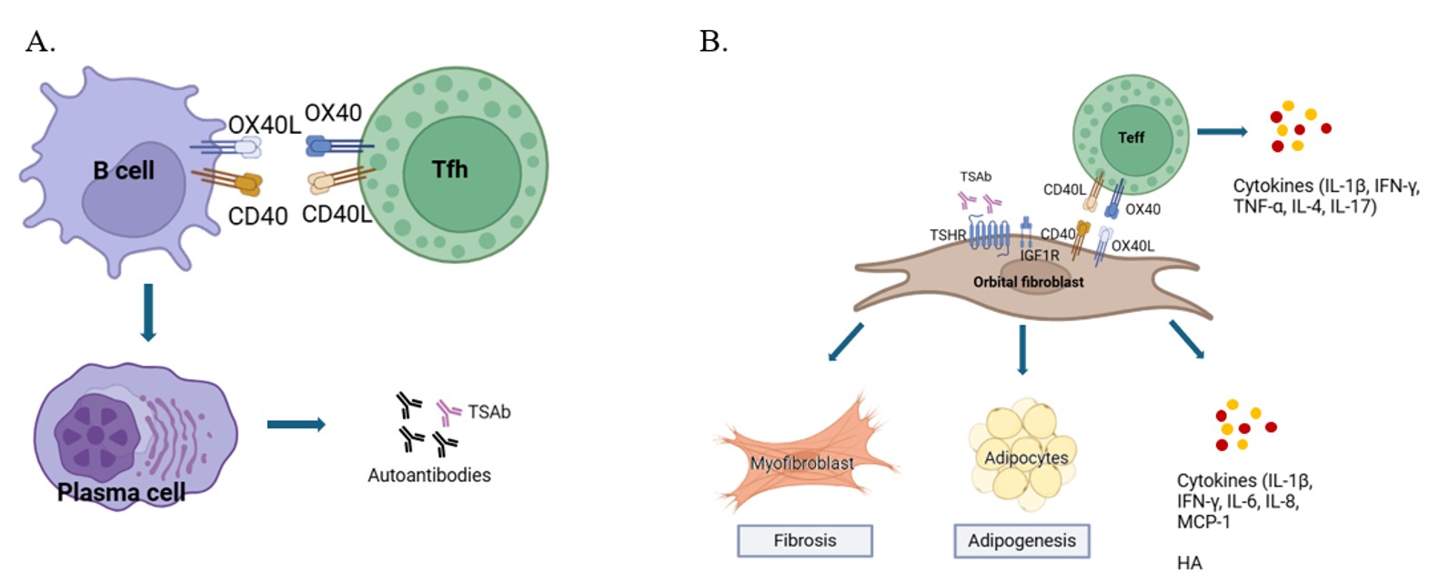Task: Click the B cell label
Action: [x=124, y=170]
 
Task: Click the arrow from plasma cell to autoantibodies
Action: [x=296, y=424]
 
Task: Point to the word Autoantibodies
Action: [x=429, y=475]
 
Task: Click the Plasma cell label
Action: [x=121, y=492]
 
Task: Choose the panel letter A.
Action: [x=40, y=41]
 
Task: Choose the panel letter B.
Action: [x=713, y=41]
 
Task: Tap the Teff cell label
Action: [x=1131, y=137]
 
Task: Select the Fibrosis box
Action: [x=805, y=540]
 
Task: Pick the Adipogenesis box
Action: [x=1021, y=540]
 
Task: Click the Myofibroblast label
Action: [x=801, y=463]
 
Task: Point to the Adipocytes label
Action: [x=1026, y=457]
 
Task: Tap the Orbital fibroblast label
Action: [x=1028, y=282]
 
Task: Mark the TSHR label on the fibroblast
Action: [x=947, y=235]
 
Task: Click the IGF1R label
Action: [x=1039, y=256]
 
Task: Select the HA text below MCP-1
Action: [x=1189, y=562]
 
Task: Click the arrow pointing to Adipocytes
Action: [x=1022, y=349]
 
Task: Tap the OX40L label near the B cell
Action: [x=264, y=125]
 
